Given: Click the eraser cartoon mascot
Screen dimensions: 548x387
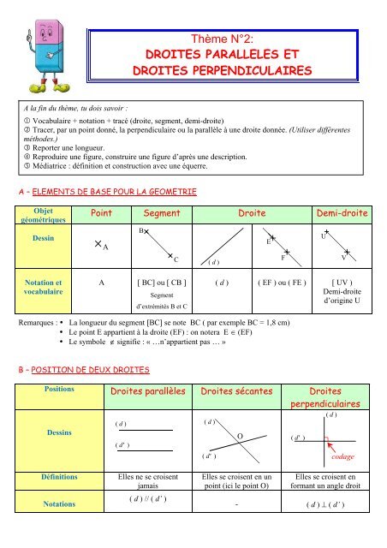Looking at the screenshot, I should coord(42,51).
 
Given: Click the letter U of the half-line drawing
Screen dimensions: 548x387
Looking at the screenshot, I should coord(321,234).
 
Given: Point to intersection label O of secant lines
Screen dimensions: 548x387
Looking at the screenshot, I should coord(241,437).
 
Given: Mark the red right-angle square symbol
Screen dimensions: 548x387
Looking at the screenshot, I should coord(326,441).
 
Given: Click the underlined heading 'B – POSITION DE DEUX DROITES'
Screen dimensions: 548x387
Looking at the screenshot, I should coord(77,369).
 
